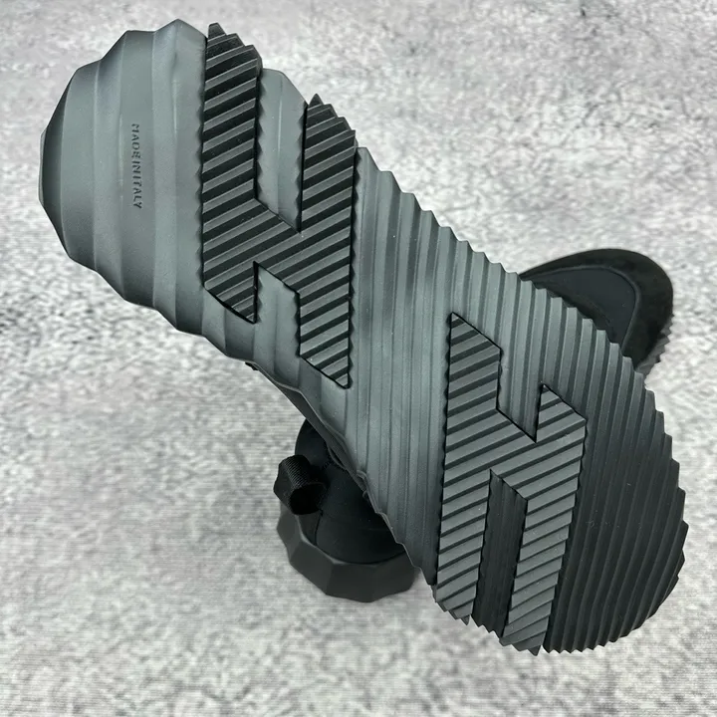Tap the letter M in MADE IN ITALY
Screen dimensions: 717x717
point(136,125)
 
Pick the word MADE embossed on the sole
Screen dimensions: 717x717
point(136,137)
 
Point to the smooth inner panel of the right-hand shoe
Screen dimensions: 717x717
point(595,297)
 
